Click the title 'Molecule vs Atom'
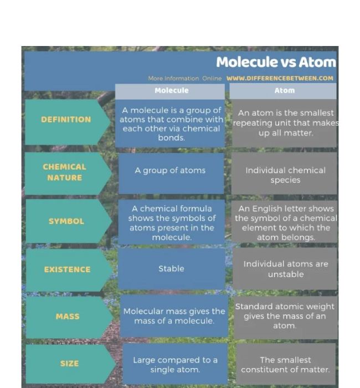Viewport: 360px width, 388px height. coord(276,62)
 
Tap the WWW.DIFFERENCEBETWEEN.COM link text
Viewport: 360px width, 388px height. coord(280,79)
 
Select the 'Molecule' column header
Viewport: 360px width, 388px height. coord(171,90)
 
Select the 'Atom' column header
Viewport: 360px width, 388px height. coord(284,90)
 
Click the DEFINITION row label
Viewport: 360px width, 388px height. coord(66,120)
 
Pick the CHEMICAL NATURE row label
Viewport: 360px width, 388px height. coord(64,172)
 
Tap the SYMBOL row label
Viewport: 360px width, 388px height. coord(66,221)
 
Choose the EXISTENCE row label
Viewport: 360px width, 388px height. coord(67,269)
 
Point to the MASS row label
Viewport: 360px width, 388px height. coord(68,316)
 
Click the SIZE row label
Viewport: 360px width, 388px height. coord(69,364)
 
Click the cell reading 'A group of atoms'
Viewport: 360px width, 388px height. coord(171,173)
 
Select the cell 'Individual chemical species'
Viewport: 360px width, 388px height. coord(284,173)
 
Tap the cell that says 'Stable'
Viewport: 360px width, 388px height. coord(171,269)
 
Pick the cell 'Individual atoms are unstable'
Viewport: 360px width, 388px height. coord(285,269)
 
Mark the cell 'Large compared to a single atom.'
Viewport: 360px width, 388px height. coord(175,364)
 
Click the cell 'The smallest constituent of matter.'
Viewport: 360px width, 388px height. coord(286,364)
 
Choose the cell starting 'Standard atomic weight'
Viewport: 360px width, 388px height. coord(286,316)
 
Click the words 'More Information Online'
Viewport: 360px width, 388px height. coord(184,79)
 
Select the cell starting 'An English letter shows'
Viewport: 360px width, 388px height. coord(285,222)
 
